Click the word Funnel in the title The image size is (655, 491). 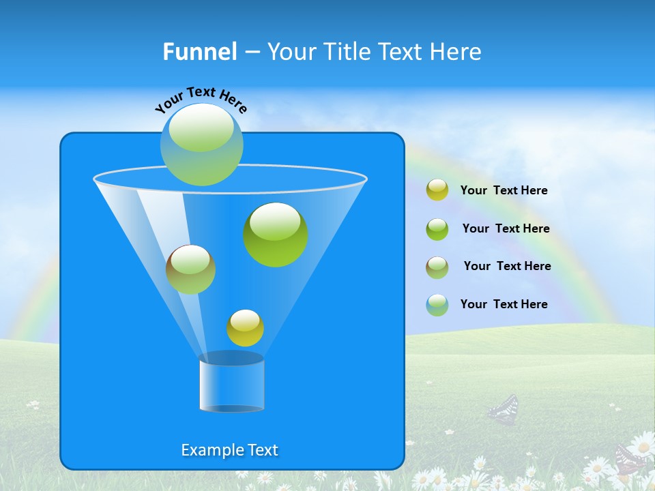tap(199, 52)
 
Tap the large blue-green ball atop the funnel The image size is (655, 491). tap(202, 144)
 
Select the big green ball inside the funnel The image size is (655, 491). tap(276, 234)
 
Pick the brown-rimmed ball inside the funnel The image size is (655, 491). tap(190, 269)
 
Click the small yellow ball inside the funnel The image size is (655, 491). tap(245, 328)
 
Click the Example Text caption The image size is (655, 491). tap(230, 450)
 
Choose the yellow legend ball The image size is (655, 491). tap(437, 190)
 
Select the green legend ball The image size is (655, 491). tap(437, 228)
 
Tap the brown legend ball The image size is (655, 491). tap(437, 267)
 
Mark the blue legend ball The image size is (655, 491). tap(437, 305)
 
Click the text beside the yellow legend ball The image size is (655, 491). tap(504, 190)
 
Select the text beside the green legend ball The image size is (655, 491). tap(506, 228)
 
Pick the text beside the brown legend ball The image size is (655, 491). tap(507, 266)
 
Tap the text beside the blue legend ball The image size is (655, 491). tap(504, 304)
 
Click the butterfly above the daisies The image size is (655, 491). tap(504, 409)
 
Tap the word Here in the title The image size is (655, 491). tap(453, 52)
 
